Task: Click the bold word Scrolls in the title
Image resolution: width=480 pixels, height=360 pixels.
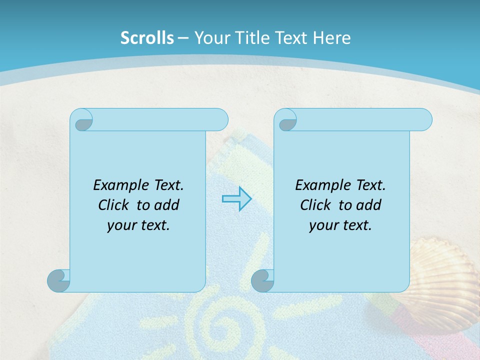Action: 147,37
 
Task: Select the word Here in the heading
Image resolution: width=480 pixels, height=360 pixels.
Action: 331,37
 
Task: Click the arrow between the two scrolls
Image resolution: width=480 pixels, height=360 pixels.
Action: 236,198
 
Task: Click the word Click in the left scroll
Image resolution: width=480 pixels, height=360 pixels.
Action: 109,205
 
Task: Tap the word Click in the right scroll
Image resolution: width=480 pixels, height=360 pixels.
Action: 311,205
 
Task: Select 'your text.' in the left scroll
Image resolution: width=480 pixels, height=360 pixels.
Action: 138,225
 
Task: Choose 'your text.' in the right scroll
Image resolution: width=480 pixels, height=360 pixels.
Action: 340,225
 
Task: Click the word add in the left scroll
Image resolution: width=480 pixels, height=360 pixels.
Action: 166,205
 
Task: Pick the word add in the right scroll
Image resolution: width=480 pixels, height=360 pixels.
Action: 368,205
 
